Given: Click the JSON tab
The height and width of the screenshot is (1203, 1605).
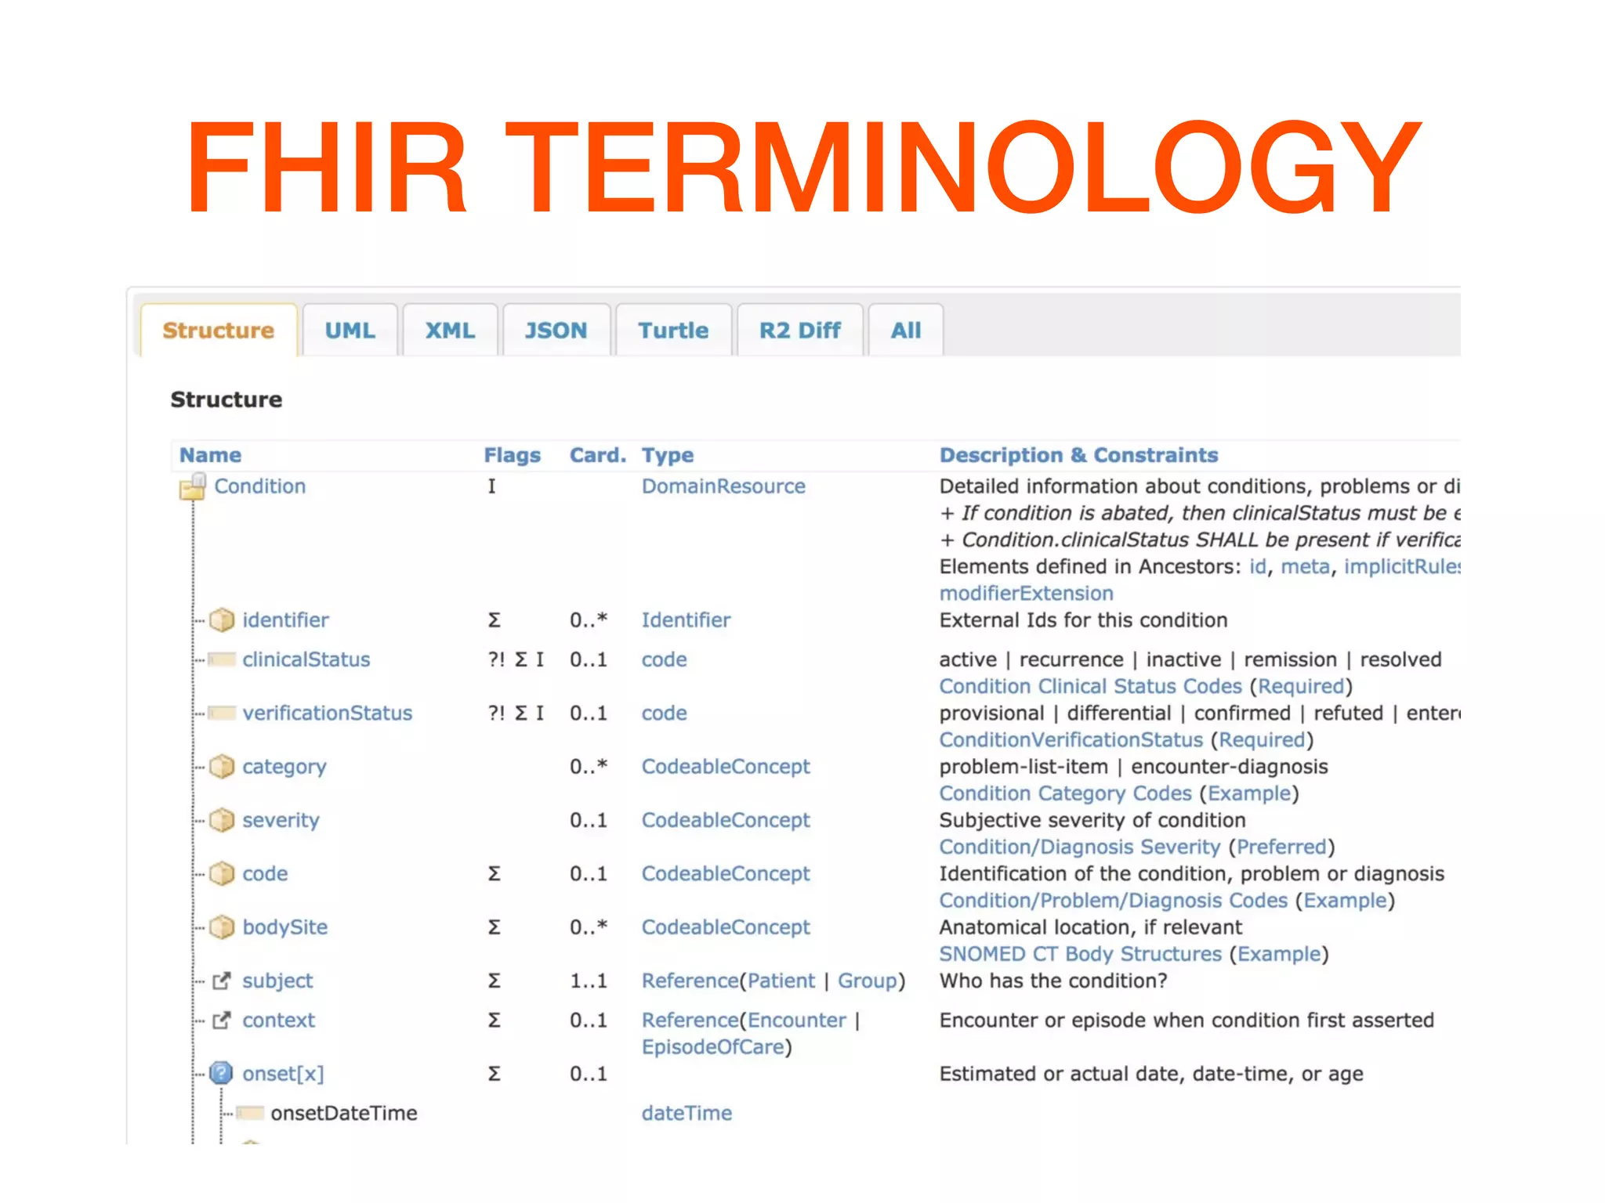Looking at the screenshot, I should pos(556,331).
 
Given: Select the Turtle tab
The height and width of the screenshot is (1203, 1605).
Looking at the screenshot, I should pos(673,331).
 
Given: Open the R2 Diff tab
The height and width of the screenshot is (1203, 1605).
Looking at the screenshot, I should pos(799,331).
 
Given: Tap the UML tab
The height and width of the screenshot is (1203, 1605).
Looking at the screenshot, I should pos(350,331).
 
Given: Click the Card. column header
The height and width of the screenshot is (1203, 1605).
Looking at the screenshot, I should pos(597,455).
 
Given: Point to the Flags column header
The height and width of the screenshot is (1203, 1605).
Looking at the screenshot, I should pos(512,455).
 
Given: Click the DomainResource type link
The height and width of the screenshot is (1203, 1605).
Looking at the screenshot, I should pos(723,486).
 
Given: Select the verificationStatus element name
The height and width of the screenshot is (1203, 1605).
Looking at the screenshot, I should pos(327,713).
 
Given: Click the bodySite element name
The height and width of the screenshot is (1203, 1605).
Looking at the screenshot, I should pos(284,927).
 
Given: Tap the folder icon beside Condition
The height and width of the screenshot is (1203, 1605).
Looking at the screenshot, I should pos(192,487).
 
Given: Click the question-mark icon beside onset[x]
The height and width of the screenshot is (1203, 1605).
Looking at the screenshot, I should pos(222,1073).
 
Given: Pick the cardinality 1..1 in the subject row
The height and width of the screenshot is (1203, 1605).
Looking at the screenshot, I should pos(588,981).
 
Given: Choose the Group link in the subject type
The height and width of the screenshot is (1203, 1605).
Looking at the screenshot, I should pos(867,981).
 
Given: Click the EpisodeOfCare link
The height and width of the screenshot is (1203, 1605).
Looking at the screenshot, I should pos(712,1047).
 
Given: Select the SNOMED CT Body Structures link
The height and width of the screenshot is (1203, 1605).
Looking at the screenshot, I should pos(1080,954).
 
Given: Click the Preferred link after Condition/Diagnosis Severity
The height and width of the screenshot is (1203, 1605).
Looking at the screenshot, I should pos(1281,847).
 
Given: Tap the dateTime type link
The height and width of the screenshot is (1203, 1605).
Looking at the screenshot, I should pos(687,1113).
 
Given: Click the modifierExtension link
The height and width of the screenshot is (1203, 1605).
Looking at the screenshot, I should pos(1026,594).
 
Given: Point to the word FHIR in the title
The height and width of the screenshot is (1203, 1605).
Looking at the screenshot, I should pos(326,167).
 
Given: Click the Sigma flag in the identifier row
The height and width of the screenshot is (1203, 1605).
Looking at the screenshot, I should pos(494,620).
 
